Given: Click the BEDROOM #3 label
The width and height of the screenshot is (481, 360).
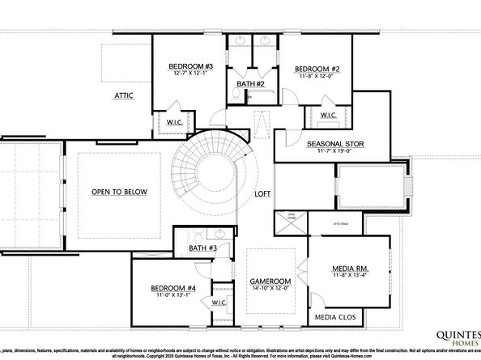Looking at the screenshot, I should [x=190, y=66].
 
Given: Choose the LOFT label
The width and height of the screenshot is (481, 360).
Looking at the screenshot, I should [x=262, y=194].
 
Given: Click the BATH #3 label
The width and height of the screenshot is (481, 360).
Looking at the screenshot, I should [x=202, y=248].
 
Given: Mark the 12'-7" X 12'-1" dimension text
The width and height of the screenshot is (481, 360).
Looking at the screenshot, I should [x=190, y=74].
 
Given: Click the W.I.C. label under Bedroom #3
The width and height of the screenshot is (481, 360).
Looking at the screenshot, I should [x=176, y=121].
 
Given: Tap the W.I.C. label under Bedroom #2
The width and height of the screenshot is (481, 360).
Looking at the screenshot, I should [x=328, y=116].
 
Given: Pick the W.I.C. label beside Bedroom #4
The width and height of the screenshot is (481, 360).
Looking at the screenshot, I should [x=218, y=303].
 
